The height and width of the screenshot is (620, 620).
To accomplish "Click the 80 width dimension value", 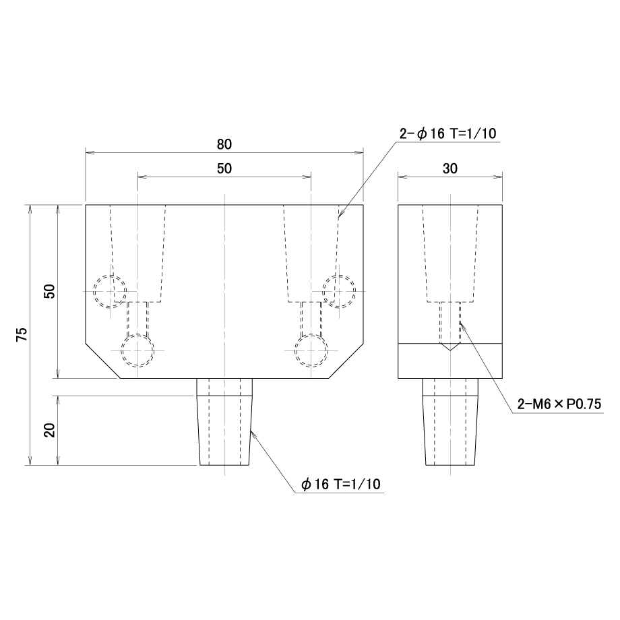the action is pos(224,144).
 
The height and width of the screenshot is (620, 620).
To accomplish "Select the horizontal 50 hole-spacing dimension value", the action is pos(224,169).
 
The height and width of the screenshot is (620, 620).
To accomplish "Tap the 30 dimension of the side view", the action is pos(450,169).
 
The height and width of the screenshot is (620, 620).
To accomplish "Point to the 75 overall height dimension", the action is pos(22,334).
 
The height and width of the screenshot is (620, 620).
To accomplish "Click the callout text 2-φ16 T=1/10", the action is pos(448,134).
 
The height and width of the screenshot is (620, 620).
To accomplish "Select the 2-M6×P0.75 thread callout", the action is pos(559,404).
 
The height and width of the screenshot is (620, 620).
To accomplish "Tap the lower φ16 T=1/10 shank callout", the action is pos(341,484).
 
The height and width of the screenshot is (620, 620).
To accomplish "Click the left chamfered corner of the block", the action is pos(103,361).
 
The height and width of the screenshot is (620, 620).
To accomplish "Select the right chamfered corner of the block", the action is pos(346,361).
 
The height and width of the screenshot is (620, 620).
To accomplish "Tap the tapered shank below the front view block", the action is pos(224,422).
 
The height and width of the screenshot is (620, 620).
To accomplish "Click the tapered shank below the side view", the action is pos(450,422).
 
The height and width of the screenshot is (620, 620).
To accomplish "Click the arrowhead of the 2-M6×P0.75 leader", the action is pos(461,324).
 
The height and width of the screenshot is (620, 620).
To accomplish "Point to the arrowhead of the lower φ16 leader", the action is pos(252,432).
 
